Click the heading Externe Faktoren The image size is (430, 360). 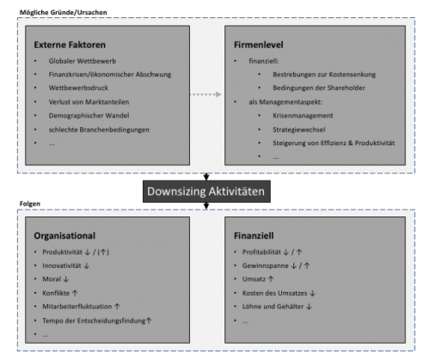click(70, 45)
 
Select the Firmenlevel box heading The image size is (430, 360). click(258, 45)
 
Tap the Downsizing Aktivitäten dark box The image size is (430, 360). click(206, 192)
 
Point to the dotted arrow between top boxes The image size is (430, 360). click(206, 95)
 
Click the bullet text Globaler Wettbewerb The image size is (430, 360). click(83, 61)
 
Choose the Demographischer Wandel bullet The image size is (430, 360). click(89, 115)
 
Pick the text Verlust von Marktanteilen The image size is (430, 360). click(89, 101)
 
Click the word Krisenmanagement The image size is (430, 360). click(303, 115)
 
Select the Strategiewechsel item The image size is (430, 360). click(299, 130)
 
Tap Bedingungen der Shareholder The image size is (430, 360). click(319, 88)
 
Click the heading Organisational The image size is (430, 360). click(64, 235)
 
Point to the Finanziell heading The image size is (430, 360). click(254, 235)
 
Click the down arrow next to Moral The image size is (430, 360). click(65, 279)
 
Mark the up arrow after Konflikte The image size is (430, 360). click(75, 293)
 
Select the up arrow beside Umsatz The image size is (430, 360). click(271, 279)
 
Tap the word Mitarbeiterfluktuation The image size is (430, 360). click(77, 307)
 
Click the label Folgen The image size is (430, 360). click(30, 204)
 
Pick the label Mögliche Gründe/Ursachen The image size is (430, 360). click(63, 12)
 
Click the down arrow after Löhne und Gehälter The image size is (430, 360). click(309, 307)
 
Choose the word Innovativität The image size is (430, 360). click(62, 265)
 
